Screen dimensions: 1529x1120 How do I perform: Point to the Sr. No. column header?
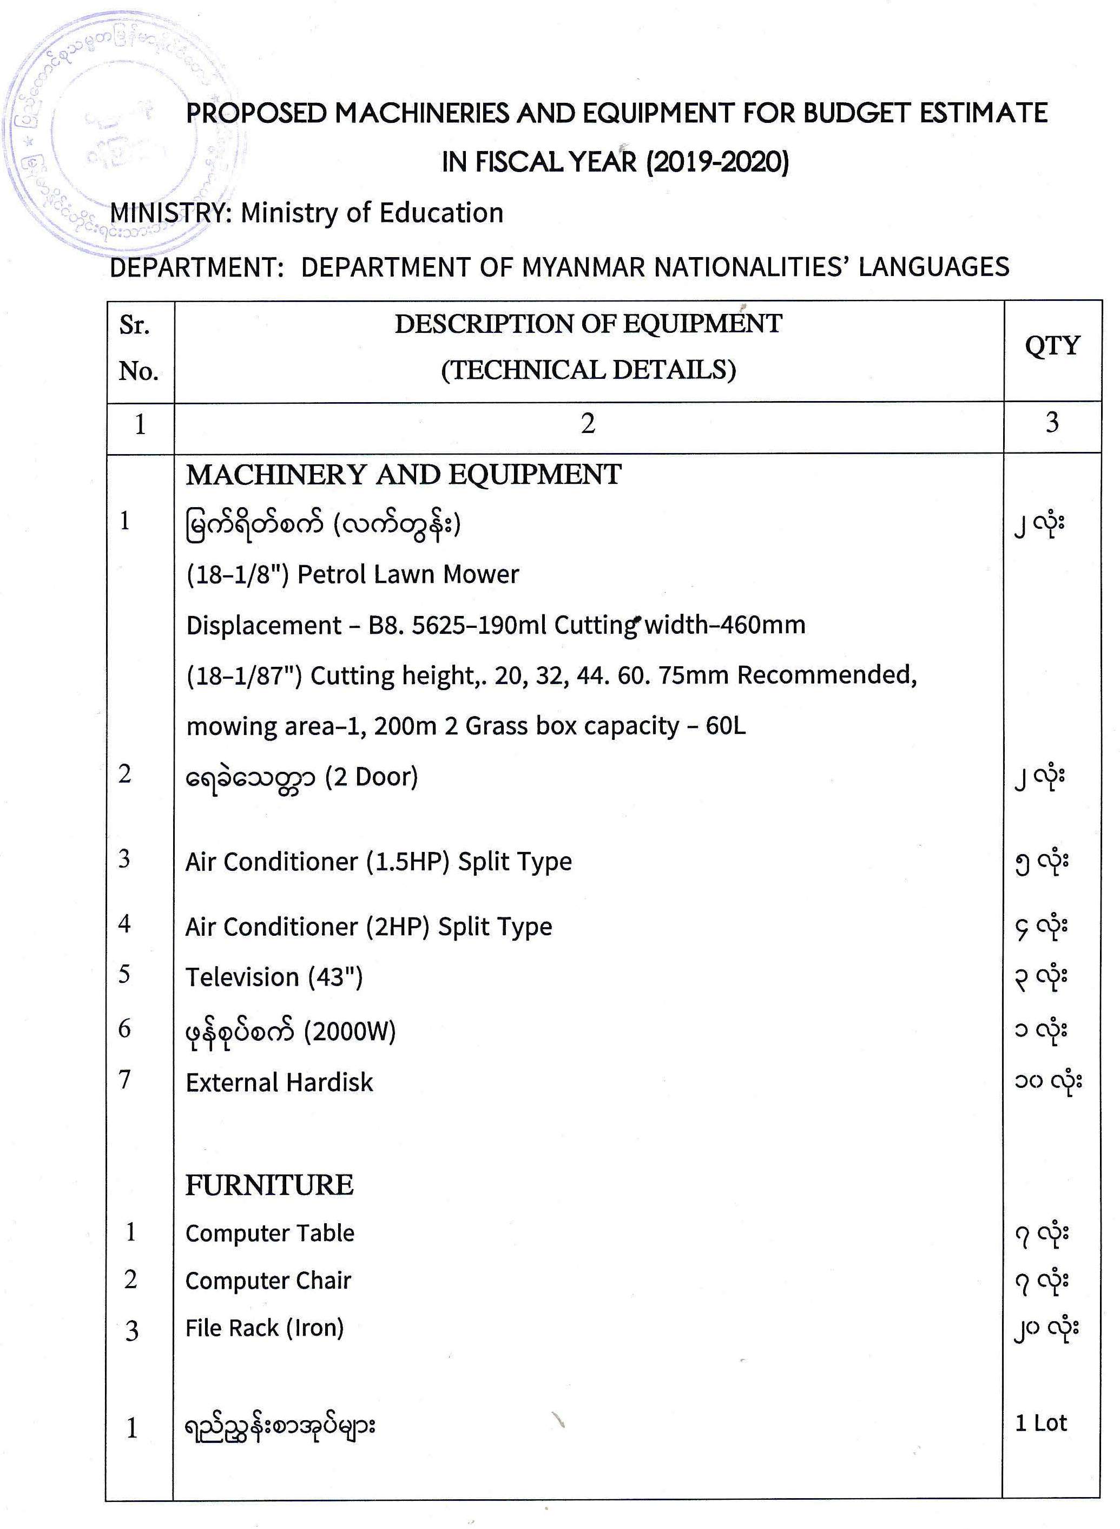[139, 349]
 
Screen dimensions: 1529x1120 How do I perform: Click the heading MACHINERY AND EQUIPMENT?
[404, 475]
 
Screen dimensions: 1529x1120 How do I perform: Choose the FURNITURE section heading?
[269, 1185]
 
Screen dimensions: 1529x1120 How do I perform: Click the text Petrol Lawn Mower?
[408, 575]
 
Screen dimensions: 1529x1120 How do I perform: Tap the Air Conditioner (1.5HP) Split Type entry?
[378, 862]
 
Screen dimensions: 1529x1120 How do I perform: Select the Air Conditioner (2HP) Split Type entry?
[369, 927]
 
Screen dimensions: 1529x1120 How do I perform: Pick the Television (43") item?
[274, 977]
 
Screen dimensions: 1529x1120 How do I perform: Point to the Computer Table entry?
[270, 1233]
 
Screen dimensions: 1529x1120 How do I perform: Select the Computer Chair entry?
[268, 1281]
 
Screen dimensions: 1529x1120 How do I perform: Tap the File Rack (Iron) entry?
[265, 1328]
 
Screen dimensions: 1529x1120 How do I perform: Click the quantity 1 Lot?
[1040, 1423]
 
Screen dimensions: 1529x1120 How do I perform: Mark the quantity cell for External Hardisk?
[1047, 1082]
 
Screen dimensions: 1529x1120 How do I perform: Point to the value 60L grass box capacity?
[726, 726]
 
